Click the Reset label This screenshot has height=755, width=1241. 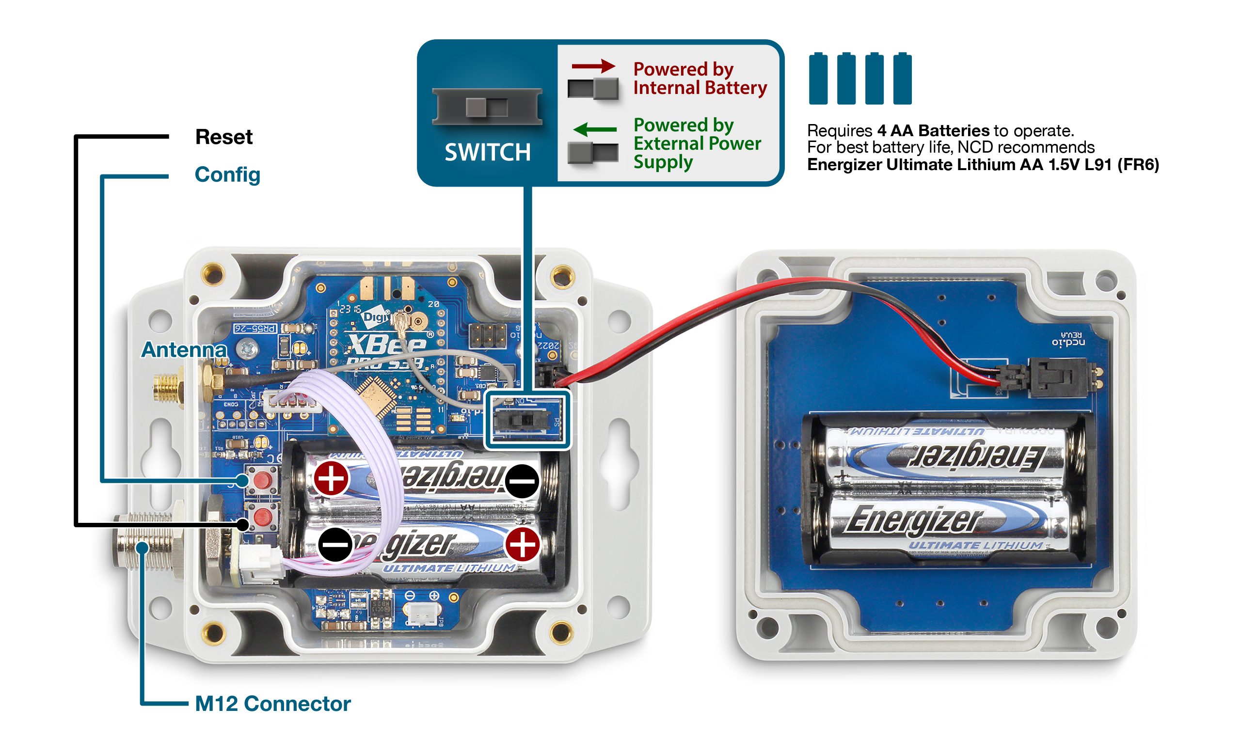223,137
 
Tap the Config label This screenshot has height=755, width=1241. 227,174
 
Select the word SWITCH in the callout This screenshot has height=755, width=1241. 487,153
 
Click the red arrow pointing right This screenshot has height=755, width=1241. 593,66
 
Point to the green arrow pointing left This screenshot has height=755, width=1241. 594,129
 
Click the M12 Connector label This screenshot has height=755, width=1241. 272,704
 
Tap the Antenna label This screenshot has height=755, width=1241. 184,350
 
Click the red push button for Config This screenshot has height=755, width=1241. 261,479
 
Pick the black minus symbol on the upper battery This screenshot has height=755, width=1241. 522,481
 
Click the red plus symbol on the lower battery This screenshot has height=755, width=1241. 522,545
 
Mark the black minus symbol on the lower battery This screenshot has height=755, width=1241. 335,545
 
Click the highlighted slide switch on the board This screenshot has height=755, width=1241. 522,419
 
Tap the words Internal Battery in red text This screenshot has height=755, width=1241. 700,88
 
